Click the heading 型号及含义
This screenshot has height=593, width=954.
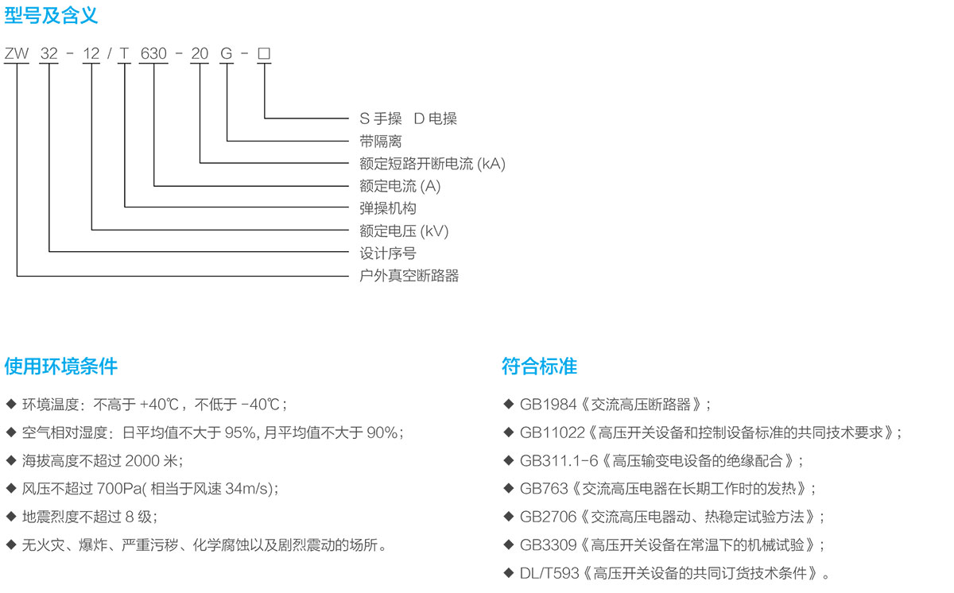pos(51,16)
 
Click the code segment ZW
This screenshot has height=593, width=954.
pos(17,53)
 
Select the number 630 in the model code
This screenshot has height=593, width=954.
pos(153,53)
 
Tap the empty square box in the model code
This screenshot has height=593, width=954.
pos(264,53)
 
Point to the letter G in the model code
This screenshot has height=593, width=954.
pos(226,53)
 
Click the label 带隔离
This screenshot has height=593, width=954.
pos(380,141)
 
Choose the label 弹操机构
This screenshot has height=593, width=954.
pos(388,208)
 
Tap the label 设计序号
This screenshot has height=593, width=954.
pos(388,254)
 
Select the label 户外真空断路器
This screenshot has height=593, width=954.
pos(409,276)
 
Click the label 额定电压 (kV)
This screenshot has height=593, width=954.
pos(404,231)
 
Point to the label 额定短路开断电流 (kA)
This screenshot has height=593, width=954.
pos(432,164)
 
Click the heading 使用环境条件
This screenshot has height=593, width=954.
pos(61,366)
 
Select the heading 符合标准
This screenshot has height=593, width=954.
pos(539,366)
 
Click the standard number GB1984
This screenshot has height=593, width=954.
pos(548,405)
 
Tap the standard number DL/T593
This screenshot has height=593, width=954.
pos(549,573)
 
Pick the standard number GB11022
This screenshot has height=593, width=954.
pos(553,433)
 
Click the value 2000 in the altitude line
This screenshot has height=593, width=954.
pos(142,461)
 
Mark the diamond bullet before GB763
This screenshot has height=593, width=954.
pos(508,488)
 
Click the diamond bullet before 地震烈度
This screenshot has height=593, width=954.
pos(11,517)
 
